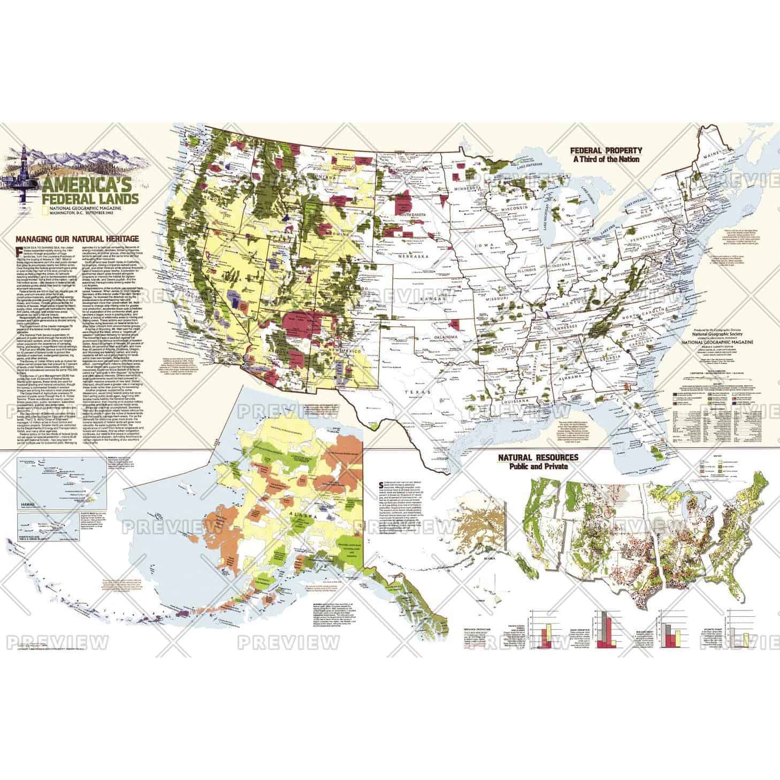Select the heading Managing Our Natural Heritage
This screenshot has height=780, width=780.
tap(77, 239)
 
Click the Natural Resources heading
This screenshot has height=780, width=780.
tap(538, 458)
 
